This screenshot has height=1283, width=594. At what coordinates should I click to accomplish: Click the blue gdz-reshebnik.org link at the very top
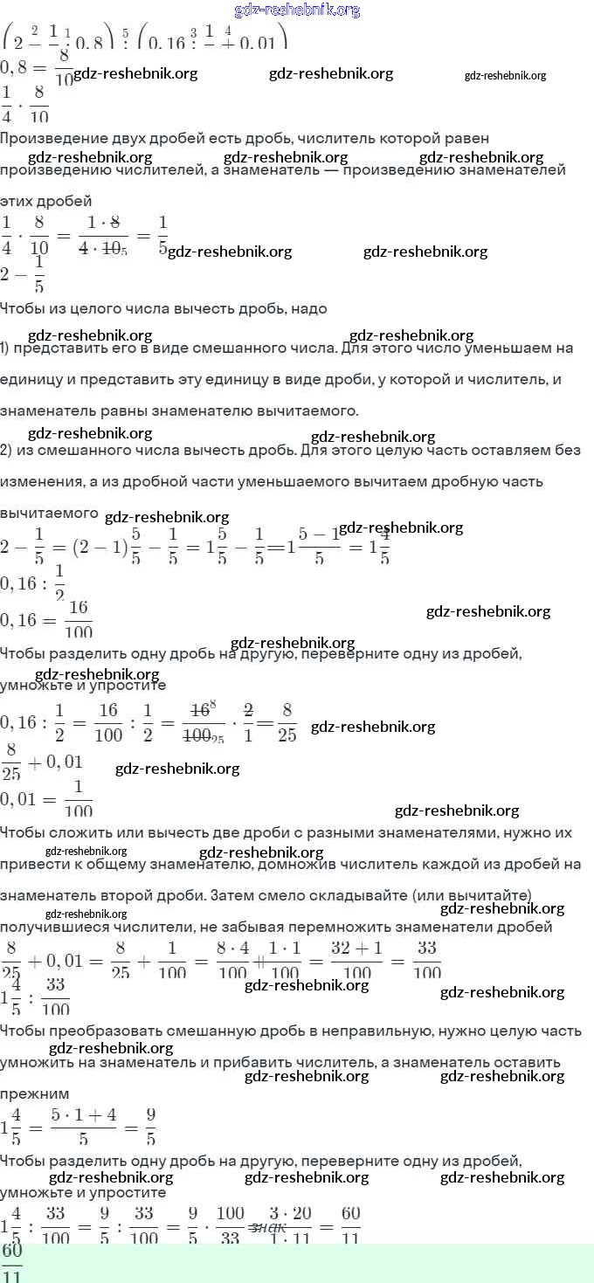click(x=297, y=10)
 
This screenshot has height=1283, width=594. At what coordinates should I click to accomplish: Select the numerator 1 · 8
click(x=103, y=223)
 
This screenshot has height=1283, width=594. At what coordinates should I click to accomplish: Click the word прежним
click(x=34, y=1093)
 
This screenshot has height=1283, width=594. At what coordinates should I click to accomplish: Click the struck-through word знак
click(x=268, y=1227)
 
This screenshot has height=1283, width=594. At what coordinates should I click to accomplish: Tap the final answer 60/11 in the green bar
click(x=12, y=1263)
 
